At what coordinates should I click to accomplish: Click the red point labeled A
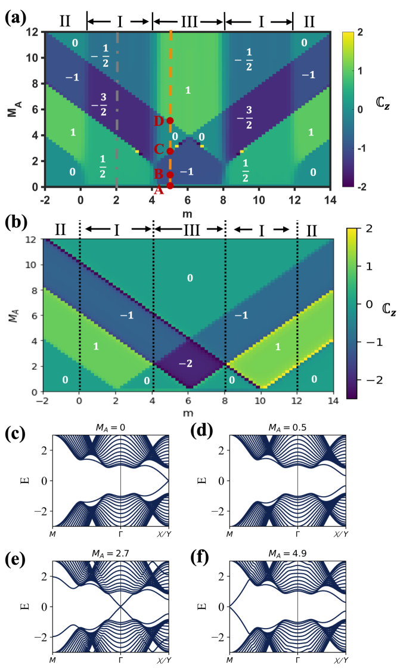click(x=170, y=185)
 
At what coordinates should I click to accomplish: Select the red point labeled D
click(x=170, y=120)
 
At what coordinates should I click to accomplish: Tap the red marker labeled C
click(x=170, y=151)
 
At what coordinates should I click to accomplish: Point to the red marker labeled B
click(x=170, y=175)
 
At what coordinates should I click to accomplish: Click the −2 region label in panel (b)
click(x=190, y=363)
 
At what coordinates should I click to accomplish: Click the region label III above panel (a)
click(x=188, y=22)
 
